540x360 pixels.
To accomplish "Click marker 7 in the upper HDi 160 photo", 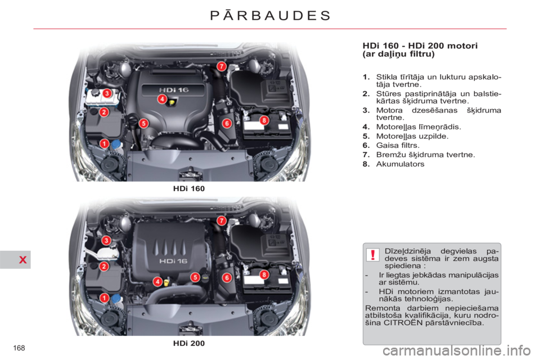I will click(222, 66).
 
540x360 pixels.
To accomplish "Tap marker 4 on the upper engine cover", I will click(161, 99).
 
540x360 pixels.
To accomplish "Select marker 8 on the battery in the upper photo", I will click(264, 120).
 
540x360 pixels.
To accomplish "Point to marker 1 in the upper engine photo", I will click(105, 144).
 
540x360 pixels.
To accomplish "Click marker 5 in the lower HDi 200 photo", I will click(195, 277).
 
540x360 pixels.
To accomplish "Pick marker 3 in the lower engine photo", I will click(105, 241).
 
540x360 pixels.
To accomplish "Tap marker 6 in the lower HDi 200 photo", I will click(227, 277).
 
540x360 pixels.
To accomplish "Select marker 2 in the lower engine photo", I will click(104, 266).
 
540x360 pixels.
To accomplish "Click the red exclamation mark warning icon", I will click(373, 255).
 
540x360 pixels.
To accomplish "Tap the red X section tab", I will click(15, 259).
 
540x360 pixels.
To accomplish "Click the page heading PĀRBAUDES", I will click(270, 15).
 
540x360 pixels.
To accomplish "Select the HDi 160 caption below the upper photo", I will click(188, 189).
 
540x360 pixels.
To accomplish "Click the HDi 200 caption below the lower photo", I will click(188, 343).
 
